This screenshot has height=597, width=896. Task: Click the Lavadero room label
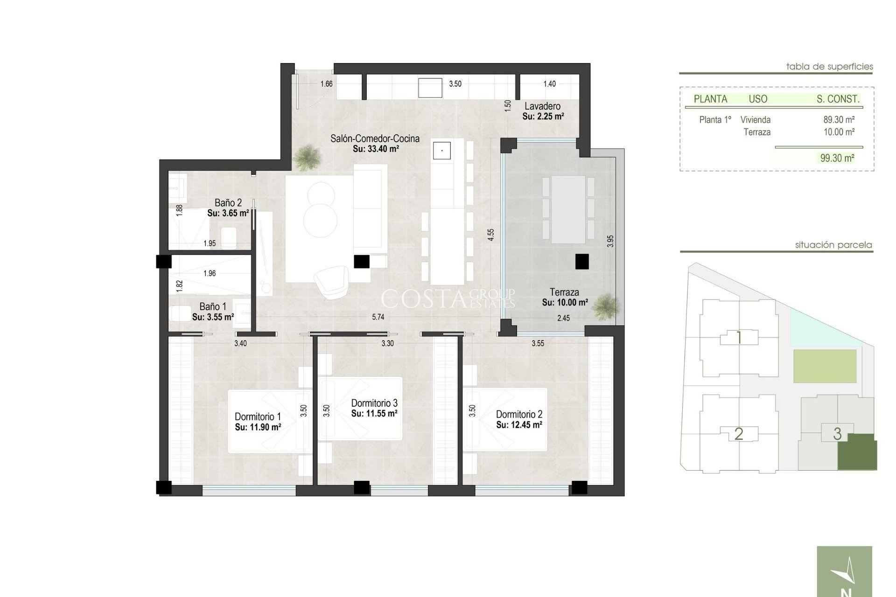coord(542,106)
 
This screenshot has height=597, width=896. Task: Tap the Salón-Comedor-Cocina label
coord(375,139)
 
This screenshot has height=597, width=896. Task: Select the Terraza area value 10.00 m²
coord(565,303)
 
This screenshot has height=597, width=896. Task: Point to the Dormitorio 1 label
coord(258,417)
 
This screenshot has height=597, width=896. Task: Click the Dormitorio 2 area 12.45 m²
coord(519,425)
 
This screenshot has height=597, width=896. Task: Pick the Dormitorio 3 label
coord(374,403)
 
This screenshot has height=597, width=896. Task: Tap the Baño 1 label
coord(213,306)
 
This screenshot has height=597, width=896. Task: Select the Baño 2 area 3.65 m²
coord(228,213)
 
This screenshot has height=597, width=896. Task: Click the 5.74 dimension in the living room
coord(378,317)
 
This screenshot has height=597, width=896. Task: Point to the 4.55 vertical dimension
coord(490,235)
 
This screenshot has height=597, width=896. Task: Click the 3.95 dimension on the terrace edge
coord(610,241)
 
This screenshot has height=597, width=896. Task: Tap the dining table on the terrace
coord(568,209)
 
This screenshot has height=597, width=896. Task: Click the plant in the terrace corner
coord(607,306)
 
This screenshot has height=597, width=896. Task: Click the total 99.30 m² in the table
coord(837,158)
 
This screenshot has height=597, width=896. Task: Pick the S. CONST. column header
coord(838,99)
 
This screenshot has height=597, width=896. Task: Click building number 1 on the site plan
coord(739,338)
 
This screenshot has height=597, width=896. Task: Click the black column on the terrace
coord(581,261)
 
